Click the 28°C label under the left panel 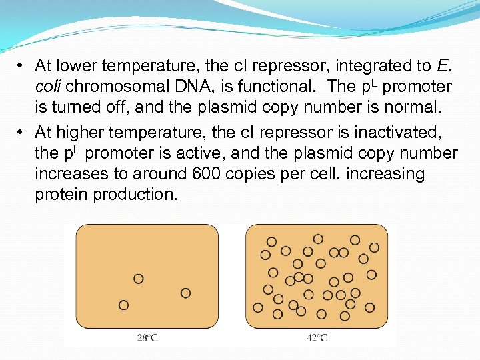147,338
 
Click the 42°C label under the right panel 317,338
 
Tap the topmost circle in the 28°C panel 139,279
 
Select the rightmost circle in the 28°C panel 185,293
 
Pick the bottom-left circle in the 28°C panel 123,305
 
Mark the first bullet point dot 22,66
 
